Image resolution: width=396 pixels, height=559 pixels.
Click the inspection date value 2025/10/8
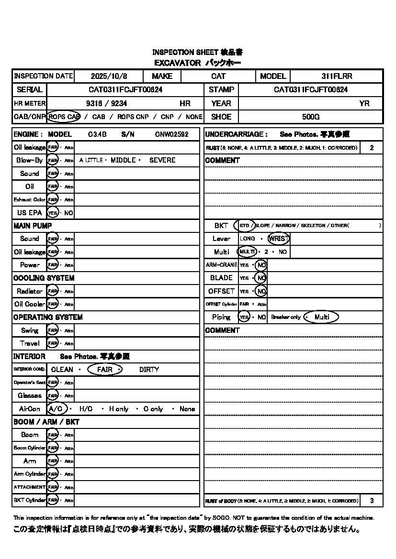[x=109, y=76]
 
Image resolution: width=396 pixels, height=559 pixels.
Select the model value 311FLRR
[x=337, y=76]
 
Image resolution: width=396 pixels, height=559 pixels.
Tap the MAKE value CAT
[x=218, y=76]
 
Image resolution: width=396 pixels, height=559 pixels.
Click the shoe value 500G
[x=311, y=117]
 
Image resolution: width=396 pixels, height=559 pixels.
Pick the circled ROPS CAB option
[x=64, y=117]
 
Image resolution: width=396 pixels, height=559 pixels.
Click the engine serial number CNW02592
[x=171, y=135]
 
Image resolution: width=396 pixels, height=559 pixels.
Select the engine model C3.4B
[x=98, y=135]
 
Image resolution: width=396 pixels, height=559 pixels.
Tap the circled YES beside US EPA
[x=53, y=213]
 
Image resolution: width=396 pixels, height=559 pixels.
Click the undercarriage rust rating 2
[x=372, y=148]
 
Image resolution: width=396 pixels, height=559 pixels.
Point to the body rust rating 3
[x=372, y=501]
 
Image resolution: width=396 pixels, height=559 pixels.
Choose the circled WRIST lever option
[x=279, y=239]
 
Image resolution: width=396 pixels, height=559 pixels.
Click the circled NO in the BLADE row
[x=260, y=278]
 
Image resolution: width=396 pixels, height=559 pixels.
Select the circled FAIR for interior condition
[x=104, y=370]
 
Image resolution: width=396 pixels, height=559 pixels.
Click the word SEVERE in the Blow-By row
[x=162, y=160]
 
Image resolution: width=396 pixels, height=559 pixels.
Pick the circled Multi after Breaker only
[x=322, y=317]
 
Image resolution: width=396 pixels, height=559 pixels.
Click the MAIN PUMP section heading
[x=33, y=226]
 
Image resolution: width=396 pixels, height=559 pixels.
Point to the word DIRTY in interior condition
[x=149, y=370]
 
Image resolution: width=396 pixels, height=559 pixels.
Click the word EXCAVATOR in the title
[x=177, y=63]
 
